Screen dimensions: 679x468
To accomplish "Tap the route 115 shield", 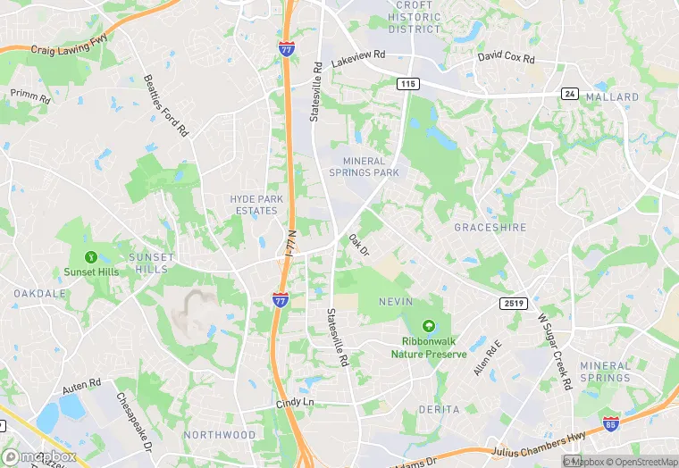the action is click(x=408, y=83).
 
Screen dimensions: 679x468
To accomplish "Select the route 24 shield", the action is click(x=569, y=93).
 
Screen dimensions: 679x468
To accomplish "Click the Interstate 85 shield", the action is click(x=612, y=423).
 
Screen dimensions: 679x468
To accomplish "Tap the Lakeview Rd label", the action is click(x=357, y=59).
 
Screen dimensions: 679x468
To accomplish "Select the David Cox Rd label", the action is click(x=506, y=58).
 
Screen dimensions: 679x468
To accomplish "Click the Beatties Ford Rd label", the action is click(x=167, y=104).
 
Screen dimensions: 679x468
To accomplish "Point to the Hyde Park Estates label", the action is click(x=256, y=205).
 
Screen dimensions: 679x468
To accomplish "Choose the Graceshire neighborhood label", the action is click(x=491, y=227).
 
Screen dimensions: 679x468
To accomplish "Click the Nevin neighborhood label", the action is click(x=395, y=301).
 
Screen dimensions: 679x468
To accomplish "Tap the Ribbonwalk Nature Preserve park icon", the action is click(x=428, y=328).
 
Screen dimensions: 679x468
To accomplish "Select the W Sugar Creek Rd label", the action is click(x=553, y=351).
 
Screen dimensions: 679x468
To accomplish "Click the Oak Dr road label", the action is click(x=358, y=244).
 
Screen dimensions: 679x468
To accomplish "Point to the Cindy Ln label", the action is click(x=295, y=403).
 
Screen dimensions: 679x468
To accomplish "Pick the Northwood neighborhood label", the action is click(x=219, y=435).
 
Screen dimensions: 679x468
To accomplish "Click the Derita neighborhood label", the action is click(x=438, y=409).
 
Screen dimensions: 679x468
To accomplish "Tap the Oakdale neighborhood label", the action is click(x=40, y=293).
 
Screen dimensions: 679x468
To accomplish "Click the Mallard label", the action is click(x=612, y=96).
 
